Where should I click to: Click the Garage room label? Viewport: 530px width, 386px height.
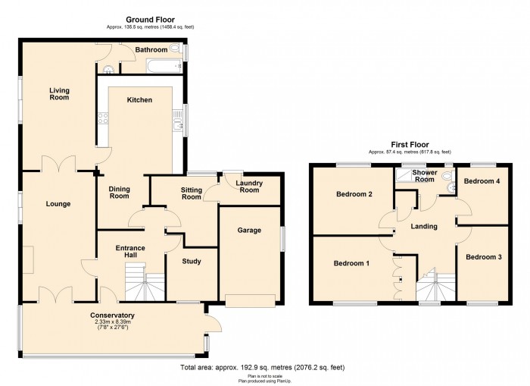click(249, 231)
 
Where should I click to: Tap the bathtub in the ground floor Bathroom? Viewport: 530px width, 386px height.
click(163, 66)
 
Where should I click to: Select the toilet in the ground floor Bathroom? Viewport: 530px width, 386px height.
click(174, 48)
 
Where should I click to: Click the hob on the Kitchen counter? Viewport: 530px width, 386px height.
click(103, 118)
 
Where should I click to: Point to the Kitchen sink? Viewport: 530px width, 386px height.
click(176, 121)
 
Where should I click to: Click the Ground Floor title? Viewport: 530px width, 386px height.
click(150, 20)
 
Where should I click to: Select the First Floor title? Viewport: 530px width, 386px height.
click(410, 145)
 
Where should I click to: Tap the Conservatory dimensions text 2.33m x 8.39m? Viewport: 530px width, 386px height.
click(112, 322)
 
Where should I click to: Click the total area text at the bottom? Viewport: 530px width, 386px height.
click(262, 367)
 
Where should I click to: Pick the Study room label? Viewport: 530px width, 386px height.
click(192, 261)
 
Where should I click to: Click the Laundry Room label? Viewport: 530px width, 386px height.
click(249, 187)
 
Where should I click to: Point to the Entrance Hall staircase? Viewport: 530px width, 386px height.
click(145, 281)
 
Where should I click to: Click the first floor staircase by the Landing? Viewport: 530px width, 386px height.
click(436, 284)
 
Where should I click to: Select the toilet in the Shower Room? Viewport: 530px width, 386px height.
click(448, 175)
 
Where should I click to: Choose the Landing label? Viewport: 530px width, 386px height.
click(424, 226)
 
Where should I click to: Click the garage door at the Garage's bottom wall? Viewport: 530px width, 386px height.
click(250, 300)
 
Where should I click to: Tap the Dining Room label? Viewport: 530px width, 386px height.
click(119, 193)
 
